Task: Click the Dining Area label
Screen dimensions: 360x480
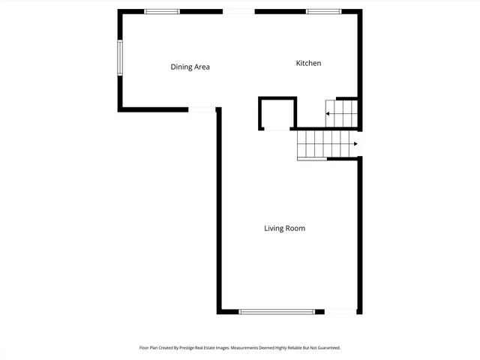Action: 190,67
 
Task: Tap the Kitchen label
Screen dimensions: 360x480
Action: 308,63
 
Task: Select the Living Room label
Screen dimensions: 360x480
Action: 284,228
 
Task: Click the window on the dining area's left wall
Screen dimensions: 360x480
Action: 119,58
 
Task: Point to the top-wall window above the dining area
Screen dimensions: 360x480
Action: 162,11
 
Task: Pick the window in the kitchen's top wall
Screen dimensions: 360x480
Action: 323,11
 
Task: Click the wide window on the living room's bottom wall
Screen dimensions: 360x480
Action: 277,311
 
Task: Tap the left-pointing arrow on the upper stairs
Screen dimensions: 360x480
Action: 328,114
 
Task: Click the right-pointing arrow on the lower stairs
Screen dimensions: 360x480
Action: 353,144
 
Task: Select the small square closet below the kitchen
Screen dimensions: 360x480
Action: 277,113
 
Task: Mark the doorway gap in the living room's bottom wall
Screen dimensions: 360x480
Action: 340,311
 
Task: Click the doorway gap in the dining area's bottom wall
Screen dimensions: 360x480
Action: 202,110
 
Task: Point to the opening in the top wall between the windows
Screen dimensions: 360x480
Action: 238,11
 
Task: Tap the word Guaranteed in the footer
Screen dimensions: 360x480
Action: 324,348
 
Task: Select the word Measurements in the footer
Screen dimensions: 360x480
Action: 242,348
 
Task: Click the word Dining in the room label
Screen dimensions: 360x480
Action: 181,67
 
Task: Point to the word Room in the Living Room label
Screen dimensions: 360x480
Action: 295,228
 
